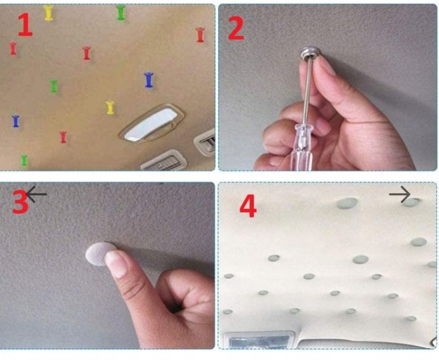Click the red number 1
point(25,25)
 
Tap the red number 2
point(236,28)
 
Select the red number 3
point(20,202)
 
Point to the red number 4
point(248,206)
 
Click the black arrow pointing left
point(36,194)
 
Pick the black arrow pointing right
point(400,194)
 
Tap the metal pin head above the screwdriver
point(311,53)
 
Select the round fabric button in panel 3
point(99,253)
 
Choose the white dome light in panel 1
point(151,125)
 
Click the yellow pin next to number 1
point(49,12)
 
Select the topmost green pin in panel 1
point(121,12)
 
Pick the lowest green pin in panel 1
point(25,160)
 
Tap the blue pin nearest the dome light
point(149,80)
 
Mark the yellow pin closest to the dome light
point(110,108)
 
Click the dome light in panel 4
point(259,340)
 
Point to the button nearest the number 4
point(274,258)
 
